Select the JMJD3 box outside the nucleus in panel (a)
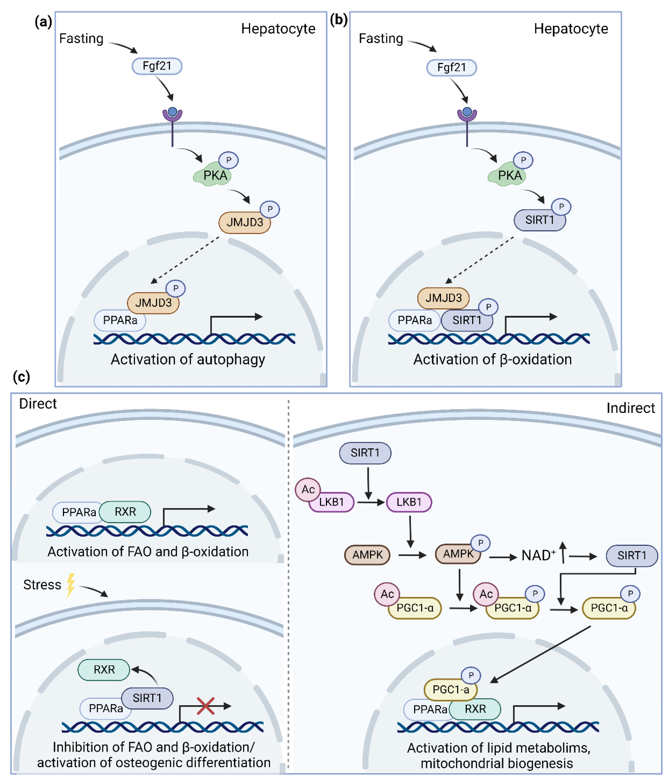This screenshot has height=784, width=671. click(x=244, y=222)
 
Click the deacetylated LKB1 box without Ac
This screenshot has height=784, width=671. click(x=408, y=502)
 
